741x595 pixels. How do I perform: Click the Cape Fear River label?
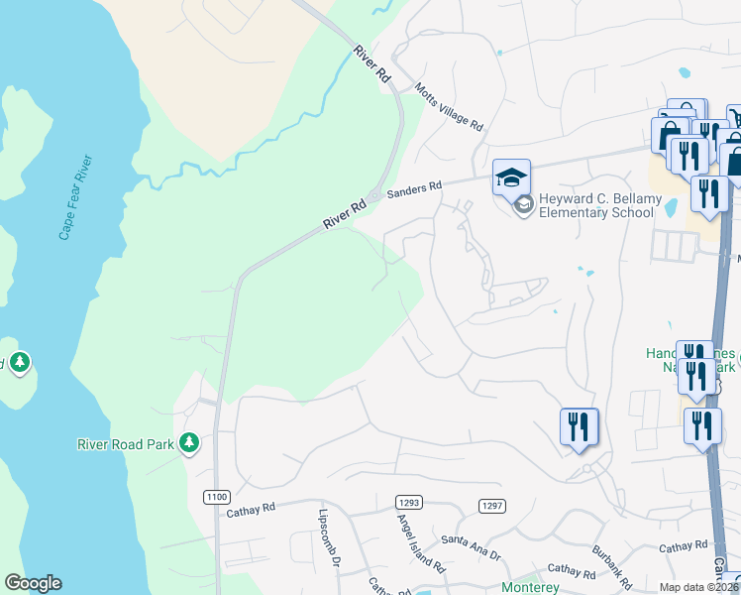click(x=75, y=197)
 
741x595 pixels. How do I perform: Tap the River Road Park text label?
click(x=126, y=443)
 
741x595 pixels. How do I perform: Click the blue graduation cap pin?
click(x=511, y=178)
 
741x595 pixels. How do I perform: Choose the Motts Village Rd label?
click(x=450, y=106)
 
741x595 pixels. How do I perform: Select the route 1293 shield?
click(x=407, y=505)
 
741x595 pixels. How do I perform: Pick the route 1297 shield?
click(x=491, y=506)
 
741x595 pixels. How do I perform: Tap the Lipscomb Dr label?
click(x=329, y=539)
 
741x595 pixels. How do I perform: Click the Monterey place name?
click(x=530, y=587)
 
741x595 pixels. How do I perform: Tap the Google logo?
click(x=33, y=583)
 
